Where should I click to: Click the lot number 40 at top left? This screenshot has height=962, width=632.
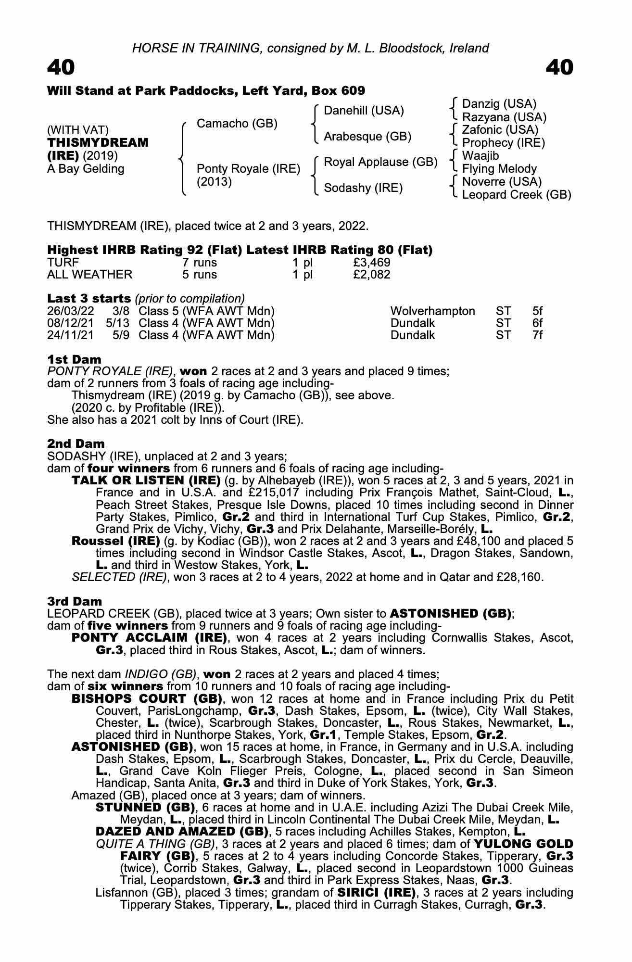coord(61,68)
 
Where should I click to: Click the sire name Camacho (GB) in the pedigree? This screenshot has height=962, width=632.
coord(237,124)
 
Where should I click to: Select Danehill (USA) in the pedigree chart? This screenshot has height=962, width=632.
coord(364,111)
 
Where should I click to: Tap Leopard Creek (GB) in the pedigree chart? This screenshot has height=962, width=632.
coord(517,195)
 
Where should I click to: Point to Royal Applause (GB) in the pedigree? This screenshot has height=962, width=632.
coord(380,162)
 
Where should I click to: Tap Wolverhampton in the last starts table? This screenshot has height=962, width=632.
coord(432,311)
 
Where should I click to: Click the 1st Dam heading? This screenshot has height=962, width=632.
coord(74,359)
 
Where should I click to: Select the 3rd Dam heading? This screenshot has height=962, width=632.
coord(75,601)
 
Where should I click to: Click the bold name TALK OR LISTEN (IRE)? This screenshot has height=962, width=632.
coord(146,481)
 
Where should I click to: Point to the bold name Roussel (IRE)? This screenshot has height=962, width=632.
coord(115,541)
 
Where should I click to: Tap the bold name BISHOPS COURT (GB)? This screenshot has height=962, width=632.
coord(147,699)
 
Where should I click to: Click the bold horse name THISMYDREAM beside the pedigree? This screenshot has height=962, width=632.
coord(98,143)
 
